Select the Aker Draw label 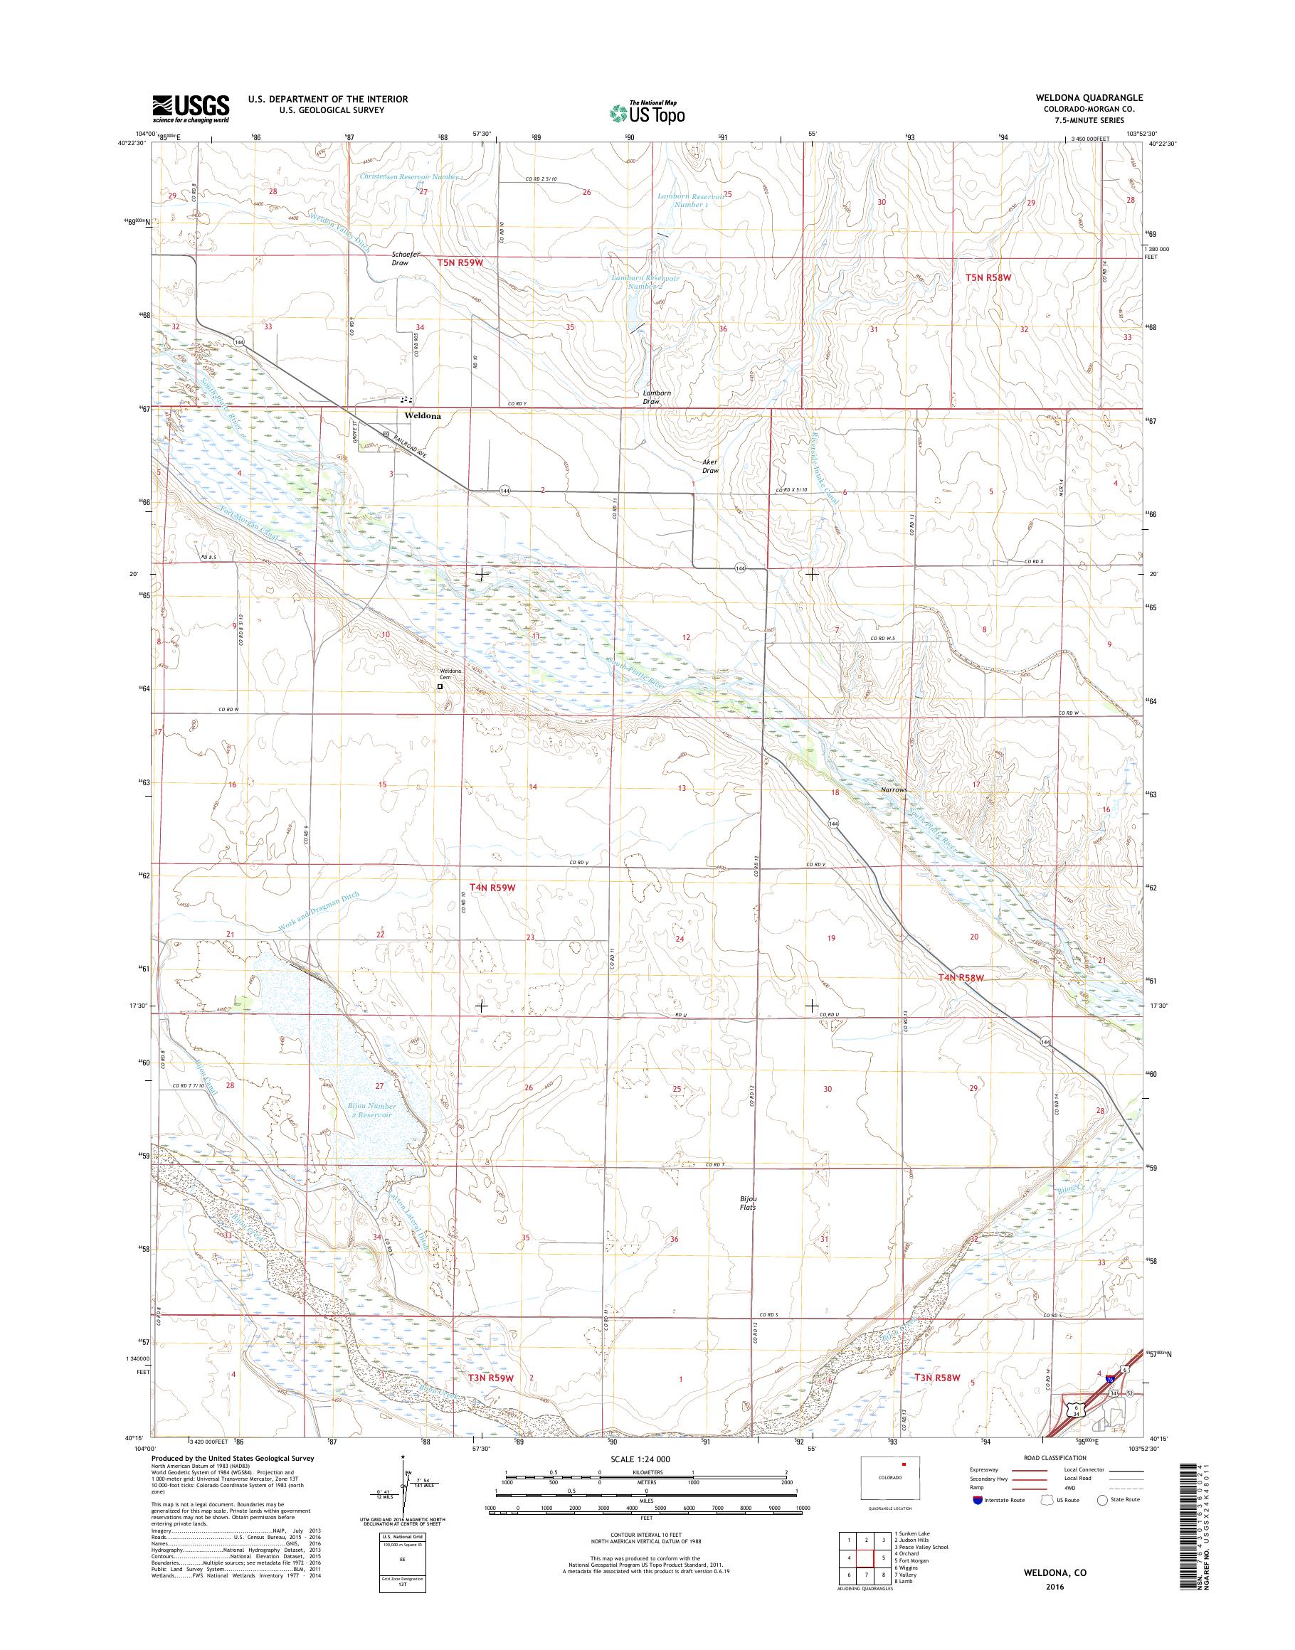[709, 465]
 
